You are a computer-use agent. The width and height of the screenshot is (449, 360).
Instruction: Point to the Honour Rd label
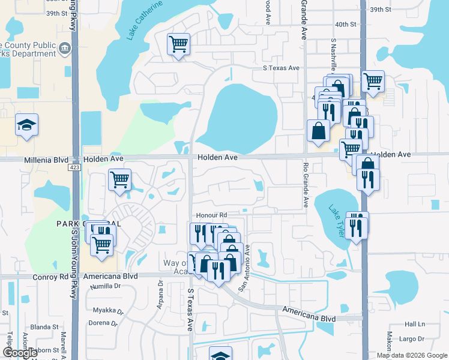tap(210, 215)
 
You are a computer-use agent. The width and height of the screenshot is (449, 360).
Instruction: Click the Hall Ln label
tap(414, 323)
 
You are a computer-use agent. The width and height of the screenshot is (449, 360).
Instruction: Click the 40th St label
tap(346, 25)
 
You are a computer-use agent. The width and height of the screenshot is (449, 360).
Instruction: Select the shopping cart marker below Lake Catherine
tap(179, 44)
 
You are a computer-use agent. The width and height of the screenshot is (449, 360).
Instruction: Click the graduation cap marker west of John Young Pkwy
tap(26, 125)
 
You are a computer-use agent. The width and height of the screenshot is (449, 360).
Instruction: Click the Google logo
tap(20, 353)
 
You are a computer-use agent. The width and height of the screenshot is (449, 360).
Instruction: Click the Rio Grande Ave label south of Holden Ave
tap(306, 184)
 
